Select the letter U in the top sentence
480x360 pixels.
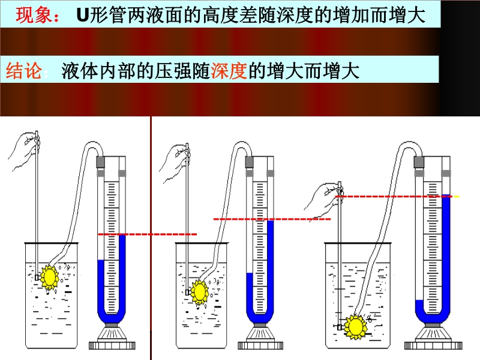pyautogui.click(x=83, y=16)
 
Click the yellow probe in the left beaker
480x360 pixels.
pyautogui.click(x=48, y=276)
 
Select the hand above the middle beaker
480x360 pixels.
pyautogui.click(x=178, y=157)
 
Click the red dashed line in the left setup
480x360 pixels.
pyautogui.click(x=147, y=234)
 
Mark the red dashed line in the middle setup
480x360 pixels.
pyautogui.click(x=272, y=219)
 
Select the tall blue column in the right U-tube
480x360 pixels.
pyautogui.click(x=446, y=252)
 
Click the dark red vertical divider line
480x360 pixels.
pyautogui.click(x=151, y=240)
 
